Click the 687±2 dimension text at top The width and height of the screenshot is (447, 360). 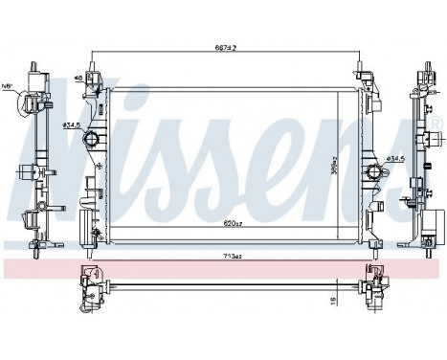coord(226,47)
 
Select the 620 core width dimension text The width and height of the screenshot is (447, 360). coord(232,222)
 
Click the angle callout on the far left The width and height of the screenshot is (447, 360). coord(10,84)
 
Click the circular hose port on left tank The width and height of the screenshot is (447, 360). coord(93,141)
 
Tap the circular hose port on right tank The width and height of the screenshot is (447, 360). coord(372,173)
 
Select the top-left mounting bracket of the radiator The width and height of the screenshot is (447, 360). coord(94,77)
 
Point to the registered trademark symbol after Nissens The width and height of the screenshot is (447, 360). coord(437,123)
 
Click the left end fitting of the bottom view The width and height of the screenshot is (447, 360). coord(93,281)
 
